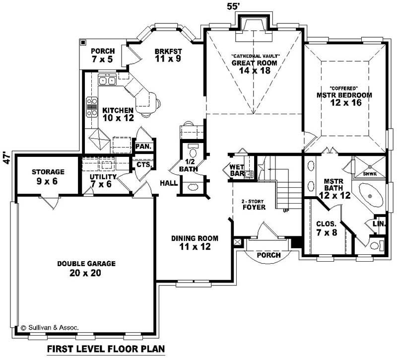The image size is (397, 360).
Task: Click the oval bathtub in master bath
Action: pyautogui.click(x=370, y=198)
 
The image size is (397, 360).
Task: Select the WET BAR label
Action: pyautogui.click(x=236, y=170)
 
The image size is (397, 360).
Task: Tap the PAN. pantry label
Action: pyautogui.click(x=144, y=146)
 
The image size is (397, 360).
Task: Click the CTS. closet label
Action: pyautogui.click(x=144, y=164)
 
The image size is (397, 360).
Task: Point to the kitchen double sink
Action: pyautogui.click(x=107, y=80)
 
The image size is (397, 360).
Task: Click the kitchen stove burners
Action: pyautogui.click(x=92, y=106)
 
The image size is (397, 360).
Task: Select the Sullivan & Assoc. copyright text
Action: pyautogui.click(x=50, y=328)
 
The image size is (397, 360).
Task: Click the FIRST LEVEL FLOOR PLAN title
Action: pyautogui.click(x=106, y=349)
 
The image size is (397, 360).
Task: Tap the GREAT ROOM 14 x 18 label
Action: pyautogui.click(x=255, y=67)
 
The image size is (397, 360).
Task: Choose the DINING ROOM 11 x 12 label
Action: pyautogui.click(x=195, y=242)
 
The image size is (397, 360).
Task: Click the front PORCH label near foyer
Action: pyautogui.click(x=268, y=255)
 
